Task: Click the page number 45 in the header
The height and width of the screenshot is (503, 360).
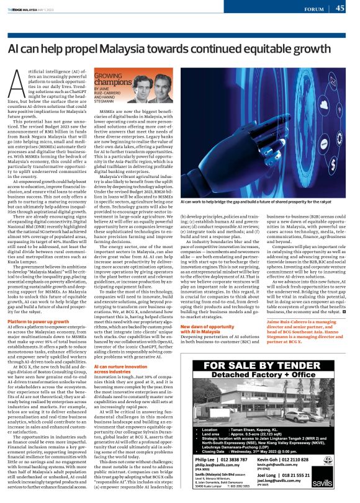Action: (x=341, y=8)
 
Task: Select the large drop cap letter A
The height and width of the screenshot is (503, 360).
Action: (x=19, y=84)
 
